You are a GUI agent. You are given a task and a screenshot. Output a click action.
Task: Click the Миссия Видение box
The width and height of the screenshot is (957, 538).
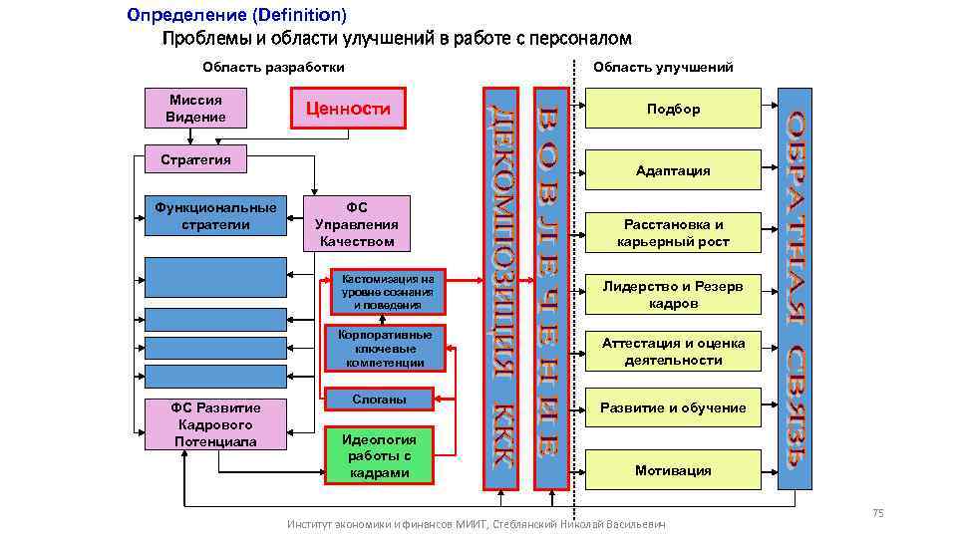pyautogui.click(x=196, y=109)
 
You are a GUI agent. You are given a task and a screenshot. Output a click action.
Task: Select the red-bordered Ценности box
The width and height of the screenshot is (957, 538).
pyautogui.click(x=348, y=109)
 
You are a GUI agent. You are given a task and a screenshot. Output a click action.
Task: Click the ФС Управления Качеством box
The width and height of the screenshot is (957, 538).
pyautogui.click(x=356, y=224)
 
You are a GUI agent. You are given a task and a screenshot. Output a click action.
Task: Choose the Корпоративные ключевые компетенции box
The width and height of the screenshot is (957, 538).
pyautogui.click(x=386, y=349)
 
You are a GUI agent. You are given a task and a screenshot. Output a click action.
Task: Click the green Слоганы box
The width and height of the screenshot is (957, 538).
pyautogui.click(x=380, y=400)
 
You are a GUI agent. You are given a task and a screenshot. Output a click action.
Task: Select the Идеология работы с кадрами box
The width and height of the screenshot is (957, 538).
pyautogui.click(x=380, y=456)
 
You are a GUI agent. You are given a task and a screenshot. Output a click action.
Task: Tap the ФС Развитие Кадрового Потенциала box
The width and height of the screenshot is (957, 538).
pyautogui.click(x=215, y=424)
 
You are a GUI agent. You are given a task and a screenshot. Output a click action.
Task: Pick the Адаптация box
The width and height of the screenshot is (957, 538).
pyautogui.click(x=673, y=171)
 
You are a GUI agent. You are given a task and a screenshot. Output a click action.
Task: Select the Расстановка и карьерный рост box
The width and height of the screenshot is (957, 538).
pyautogui.click(x=673, y=233)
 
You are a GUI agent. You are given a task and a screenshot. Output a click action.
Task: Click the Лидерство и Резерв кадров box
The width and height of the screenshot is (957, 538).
pyautogui.click(x=673, y=295)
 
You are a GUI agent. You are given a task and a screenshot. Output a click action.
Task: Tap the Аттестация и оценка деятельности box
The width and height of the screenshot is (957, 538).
pyautogui.click(x=673, y=352)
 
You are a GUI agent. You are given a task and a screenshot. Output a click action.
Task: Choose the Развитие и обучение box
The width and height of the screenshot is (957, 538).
pyautogui.click(x=673, y=408)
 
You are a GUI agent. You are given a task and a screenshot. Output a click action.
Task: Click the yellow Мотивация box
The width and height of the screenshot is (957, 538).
pyautogui.click(x=673, y=470)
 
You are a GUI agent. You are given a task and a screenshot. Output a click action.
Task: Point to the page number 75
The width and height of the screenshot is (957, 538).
pyautogui.click(x=877, y=513)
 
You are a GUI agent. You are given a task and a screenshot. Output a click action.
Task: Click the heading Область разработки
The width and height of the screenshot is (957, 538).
pyautogui.click(x=273, y=68)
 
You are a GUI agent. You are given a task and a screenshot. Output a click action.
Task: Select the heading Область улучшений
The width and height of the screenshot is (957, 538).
pyautogui.click(x=663, y=68)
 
